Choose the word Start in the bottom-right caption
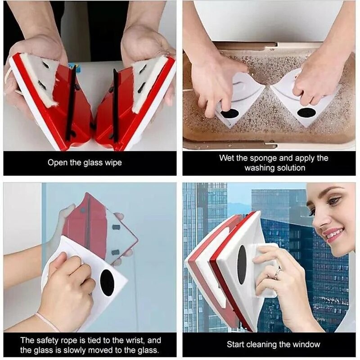237,345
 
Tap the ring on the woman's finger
278,271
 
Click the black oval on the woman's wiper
242,265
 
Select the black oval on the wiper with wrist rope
107,283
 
